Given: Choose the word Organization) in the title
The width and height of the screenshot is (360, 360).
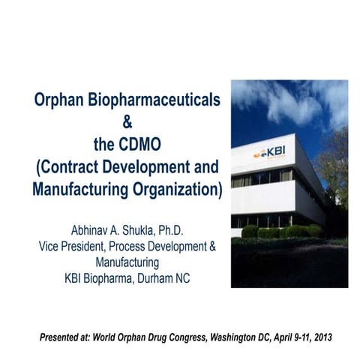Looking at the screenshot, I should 178,186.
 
